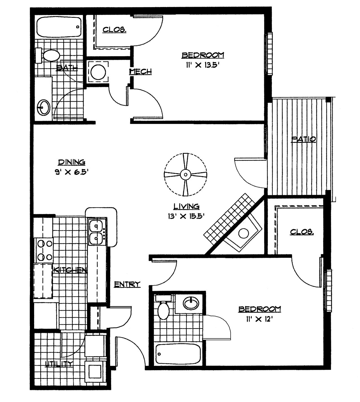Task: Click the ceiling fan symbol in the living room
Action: click(x=185, y=175)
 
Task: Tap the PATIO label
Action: click(x=303, y=139)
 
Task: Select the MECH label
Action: click(x=140, y=72)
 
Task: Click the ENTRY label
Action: click(x=127, y=284)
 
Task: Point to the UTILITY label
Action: click(x=59, y=364)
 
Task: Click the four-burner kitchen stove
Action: click(x=44, y=250)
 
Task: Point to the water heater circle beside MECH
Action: click(x=98, y=72)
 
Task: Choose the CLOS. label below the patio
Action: click(x=302, y=232)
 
